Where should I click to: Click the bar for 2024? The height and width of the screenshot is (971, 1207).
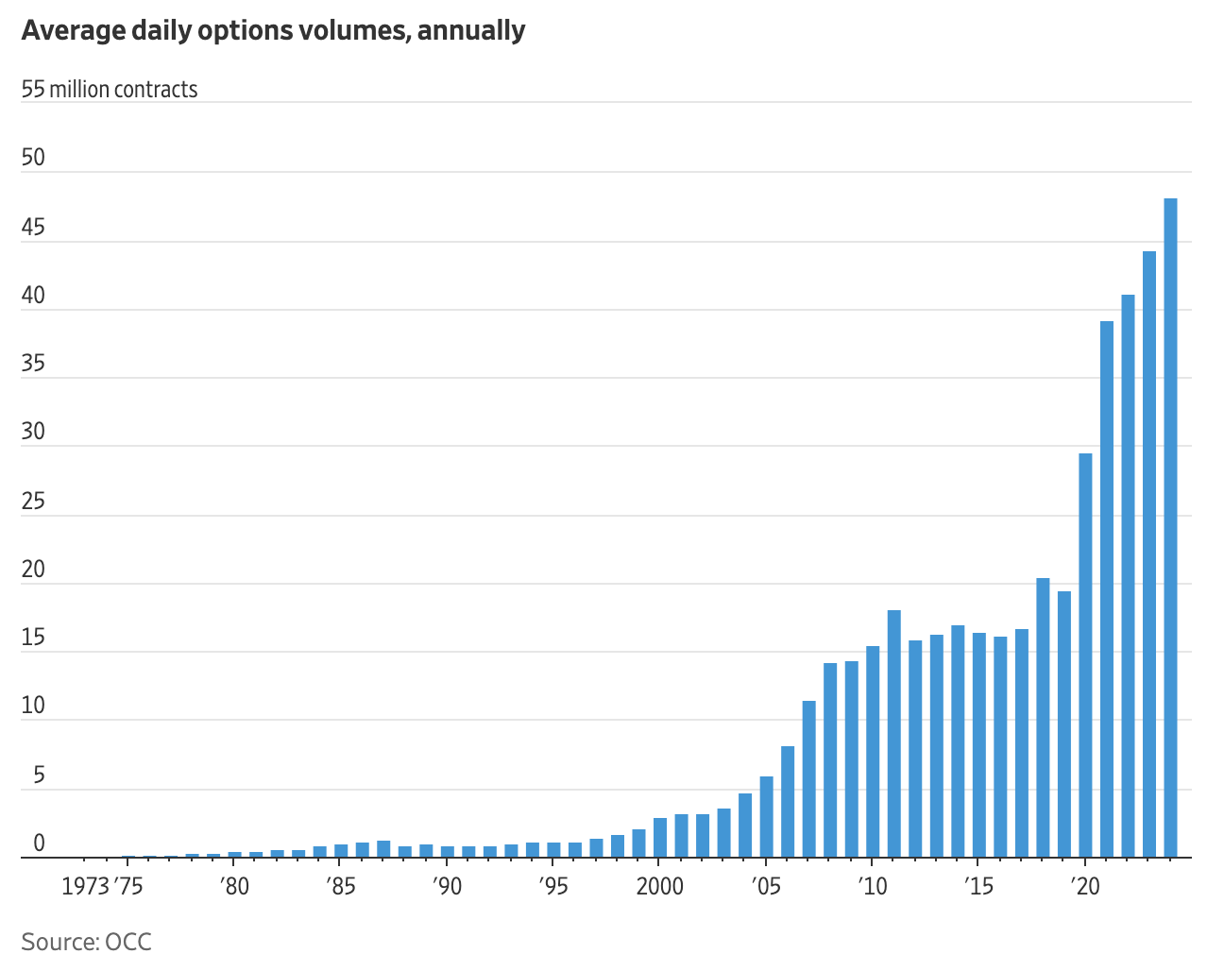click(1170, 528)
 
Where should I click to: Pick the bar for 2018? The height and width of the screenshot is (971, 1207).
click(1043, 718)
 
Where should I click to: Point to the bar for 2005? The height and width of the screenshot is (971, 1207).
click(766, 817)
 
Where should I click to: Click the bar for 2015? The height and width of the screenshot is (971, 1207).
click(978, 745)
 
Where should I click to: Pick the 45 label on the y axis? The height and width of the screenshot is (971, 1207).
click(33, 228)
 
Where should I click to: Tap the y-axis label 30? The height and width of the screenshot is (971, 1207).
click(33, 433)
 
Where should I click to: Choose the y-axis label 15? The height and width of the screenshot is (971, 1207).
click(33, 638)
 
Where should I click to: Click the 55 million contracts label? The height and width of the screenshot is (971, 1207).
click(110, 90)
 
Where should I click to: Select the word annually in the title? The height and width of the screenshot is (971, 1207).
click(471, 30)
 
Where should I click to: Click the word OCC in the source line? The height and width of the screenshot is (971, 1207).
click(128, 942)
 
